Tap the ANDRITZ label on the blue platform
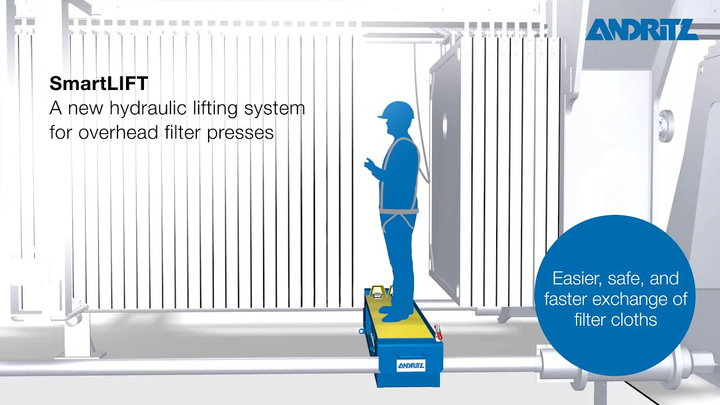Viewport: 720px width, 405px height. (411, 366)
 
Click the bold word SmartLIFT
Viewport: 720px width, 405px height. (98, 84)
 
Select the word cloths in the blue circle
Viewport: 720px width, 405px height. (634, 320)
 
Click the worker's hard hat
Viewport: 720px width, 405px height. (397, 111)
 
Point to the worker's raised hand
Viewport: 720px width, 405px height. (369, 164)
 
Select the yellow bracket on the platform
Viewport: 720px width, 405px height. (380, 291)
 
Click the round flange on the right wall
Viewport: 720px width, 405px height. (666, 125)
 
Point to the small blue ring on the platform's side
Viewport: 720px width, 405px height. (362, 331)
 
